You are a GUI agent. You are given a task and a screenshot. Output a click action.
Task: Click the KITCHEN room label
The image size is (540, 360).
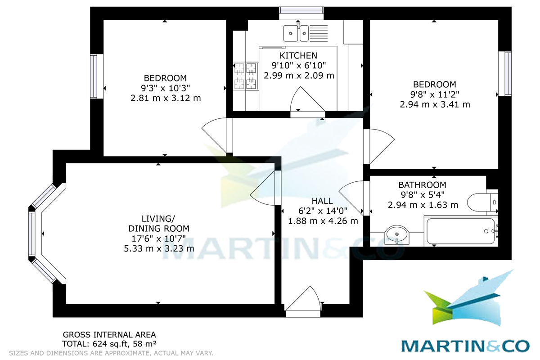click(298, 55)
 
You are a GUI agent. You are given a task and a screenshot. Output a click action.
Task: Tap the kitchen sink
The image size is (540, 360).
click(296, 32)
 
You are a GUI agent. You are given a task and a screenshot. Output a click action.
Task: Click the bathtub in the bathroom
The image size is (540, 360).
click(459, 231)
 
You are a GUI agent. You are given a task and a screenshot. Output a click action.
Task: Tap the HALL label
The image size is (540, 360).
click(323, 201)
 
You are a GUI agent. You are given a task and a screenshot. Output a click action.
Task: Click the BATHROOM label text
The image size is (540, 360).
click(422, 185)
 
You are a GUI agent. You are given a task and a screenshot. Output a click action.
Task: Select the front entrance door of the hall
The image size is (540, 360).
click(303, 300)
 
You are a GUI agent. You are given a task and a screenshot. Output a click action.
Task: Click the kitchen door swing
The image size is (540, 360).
click(307, 100)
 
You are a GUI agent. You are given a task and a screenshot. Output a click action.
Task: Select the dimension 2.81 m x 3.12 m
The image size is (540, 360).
click(165, 98)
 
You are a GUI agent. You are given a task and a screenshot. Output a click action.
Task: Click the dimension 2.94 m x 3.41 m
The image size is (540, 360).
click(435, 104)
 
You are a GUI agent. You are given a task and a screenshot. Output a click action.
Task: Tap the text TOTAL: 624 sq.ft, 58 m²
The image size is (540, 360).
click(109, 344)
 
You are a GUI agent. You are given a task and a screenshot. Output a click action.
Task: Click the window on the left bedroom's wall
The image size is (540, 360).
click(94, 76)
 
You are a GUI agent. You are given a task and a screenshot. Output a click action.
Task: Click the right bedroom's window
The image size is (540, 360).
click(508, 73)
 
